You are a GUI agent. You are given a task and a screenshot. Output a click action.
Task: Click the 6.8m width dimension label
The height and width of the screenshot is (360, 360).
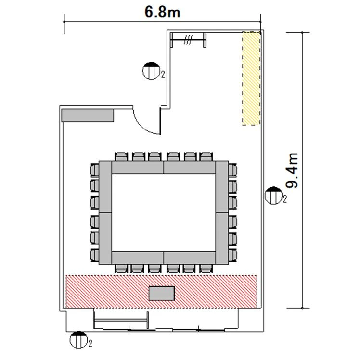point(162,12)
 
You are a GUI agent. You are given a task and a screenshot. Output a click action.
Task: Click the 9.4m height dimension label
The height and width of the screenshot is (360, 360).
point(293,170)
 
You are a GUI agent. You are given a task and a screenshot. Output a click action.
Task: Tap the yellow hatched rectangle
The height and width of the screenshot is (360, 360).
point(251,78)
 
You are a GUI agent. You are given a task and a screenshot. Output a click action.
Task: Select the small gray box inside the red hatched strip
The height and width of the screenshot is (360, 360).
point(162,293)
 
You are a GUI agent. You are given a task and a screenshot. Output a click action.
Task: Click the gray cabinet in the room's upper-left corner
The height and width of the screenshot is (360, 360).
point(88,115)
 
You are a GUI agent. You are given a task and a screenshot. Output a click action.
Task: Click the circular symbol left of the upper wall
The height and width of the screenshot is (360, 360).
point(151,71)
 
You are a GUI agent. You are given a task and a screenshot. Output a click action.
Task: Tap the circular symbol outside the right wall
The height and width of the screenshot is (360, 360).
point(273,195)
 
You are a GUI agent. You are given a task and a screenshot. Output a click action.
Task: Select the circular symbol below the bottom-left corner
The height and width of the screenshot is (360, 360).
point(79,340)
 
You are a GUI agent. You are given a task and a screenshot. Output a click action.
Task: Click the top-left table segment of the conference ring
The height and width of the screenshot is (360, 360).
point(138,167)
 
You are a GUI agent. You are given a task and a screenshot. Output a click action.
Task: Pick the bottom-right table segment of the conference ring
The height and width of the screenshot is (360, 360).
point(190,257)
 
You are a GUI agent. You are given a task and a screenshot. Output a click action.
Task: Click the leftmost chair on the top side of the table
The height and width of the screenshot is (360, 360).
point(121,156)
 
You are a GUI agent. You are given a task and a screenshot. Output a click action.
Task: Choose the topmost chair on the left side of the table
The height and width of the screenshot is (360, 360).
point(95,170)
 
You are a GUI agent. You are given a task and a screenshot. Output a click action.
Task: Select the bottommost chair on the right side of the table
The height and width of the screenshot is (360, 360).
point(232,255)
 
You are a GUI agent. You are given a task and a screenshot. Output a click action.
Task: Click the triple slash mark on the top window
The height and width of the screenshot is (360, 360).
point(188,40)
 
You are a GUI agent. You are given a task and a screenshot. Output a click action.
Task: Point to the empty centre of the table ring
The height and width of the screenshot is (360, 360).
point(164,212)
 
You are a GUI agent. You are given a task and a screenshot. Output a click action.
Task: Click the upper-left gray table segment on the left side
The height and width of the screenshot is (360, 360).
point(105,187)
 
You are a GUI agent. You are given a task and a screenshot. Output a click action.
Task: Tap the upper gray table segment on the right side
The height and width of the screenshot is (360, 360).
point(222,187)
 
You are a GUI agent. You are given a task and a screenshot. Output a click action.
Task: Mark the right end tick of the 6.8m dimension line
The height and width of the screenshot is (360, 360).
point(260,22)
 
